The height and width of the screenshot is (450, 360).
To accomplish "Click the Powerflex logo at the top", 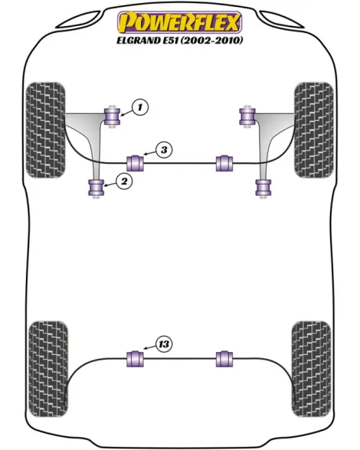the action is (x=179, y=21).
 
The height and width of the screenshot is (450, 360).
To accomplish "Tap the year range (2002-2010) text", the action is (x=211, y=40).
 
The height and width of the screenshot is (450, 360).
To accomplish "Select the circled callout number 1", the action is (x=140, y=107).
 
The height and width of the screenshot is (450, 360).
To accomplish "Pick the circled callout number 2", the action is (x=124, y=181).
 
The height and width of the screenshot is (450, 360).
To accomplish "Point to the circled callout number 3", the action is (x=164, y=150).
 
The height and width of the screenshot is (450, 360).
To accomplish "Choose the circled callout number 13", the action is (x=164, y=344).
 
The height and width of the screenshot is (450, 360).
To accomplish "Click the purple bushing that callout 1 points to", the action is (x=112, y=116).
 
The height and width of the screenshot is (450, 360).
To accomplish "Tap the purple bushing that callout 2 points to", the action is (x=97, y=187).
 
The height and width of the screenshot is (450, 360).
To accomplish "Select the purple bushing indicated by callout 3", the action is (x=135, y=163).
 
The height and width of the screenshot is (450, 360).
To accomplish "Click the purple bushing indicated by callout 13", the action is (x=135, y=359).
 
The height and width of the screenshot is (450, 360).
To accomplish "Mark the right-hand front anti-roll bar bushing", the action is (x=224, y=163).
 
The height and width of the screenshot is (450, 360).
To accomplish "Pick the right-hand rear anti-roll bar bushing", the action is (x=224, y=359).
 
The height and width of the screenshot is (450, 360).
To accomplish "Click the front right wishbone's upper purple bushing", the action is (x=247, y=116).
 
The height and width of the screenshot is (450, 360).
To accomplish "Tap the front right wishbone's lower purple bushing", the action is (x=263, y=187).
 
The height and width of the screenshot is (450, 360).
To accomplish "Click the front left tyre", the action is (x=45, y=130).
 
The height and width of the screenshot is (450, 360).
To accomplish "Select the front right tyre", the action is (x=314, y=130).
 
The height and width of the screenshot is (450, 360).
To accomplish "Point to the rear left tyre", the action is (x=48, y=369).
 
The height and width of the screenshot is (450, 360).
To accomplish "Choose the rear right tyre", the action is (x=311, y=369).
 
